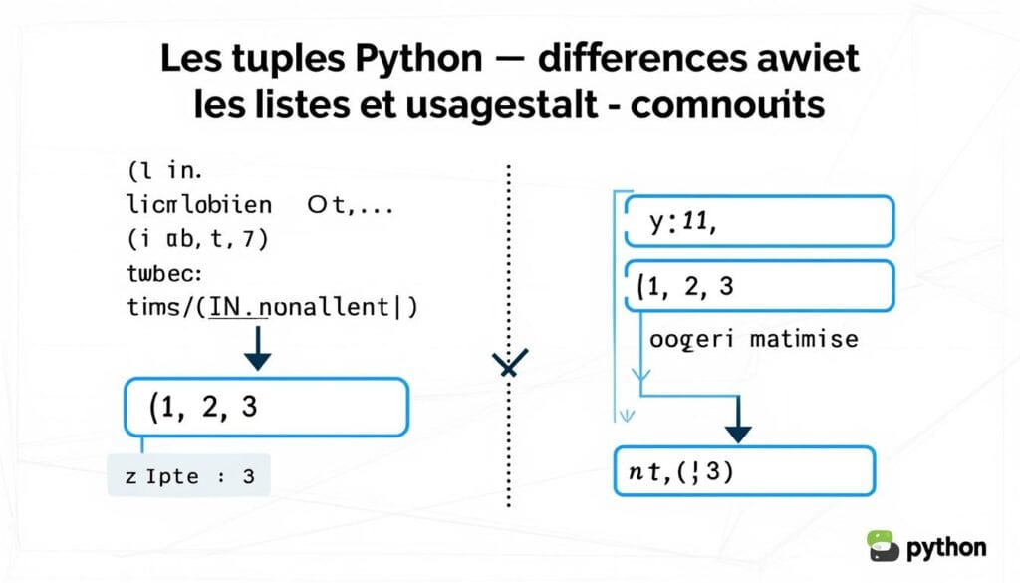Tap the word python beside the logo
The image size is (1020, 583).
coord(946,547)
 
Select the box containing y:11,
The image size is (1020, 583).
coord(758,220)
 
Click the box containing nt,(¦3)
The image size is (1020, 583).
coord(742,471)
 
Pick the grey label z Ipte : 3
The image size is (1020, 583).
coord(188,476)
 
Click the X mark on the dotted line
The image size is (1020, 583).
coord(510,365)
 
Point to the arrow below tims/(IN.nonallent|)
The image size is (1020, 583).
coord(258,347)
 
